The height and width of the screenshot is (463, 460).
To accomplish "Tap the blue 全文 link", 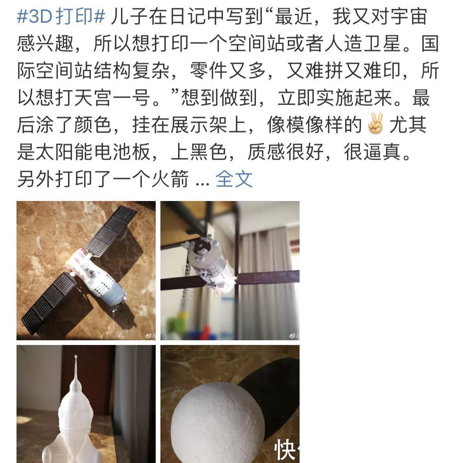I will [234, 179].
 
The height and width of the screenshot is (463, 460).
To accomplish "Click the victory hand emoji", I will [375, 125].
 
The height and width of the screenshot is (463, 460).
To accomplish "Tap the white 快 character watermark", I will [285, 450].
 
